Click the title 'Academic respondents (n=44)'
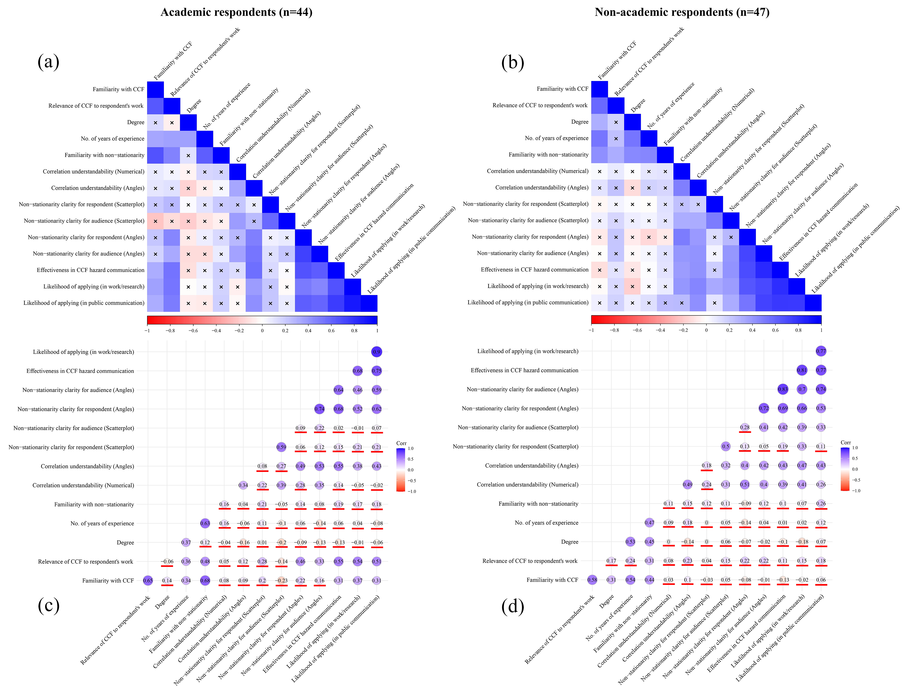pyautogui.click(x=236, y=12)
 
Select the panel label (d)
pyautogui.click(x=513, y=606)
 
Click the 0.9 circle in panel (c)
pyautogui.click(x=376, y=352)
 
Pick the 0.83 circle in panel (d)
pyautogui.click(x=783, y=389)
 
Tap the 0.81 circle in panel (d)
pyautogui.click(x=802, y=370)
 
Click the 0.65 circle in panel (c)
pyautogui.click(x=148, y=580)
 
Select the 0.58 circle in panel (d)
pyautogui.click(x=592, y=580)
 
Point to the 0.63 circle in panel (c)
pyautogui.click(x=205, y=523)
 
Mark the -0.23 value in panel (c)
pyautogui.click(x=282, y=580)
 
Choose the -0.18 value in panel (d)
pyautogui.click(x=802, y=542)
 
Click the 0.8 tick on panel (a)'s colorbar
pyautogui.click(x=354, y=330)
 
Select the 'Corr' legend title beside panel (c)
pyautogui.click(x=401, y=443)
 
